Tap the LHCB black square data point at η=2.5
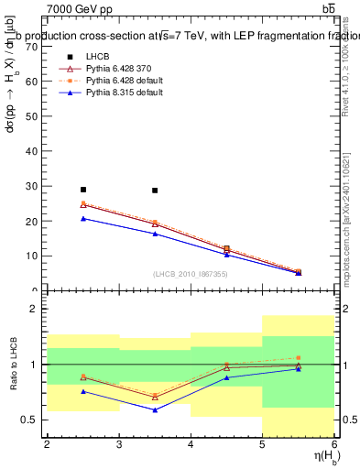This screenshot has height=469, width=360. pos(82,190)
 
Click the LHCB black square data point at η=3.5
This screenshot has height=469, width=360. pos(155,191)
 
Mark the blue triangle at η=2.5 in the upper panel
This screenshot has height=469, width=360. pos(82,218)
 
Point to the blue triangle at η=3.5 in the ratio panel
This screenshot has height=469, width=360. pos(155,409)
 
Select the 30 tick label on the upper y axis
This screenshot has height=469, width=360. pos(33,186)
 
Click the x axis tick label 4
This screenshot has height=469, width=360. pos(191,444)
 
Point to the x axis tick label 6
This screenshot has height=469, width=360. pos(334,444)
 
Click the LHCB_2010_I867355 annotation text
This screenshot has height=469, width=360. pos(191,275)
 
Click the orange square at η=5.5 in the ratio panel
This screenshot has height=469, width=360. pos(299,357)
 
